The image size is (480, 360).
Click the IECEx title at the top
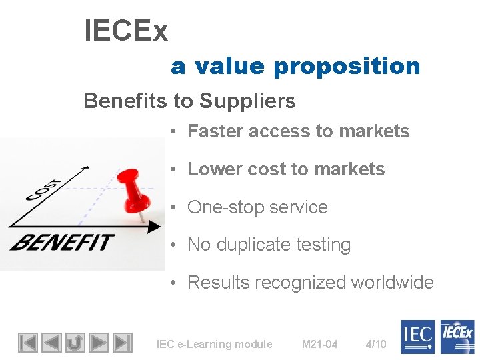tap(126, 31)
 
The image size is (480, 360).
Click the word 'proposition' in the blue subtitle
tap(347, 66)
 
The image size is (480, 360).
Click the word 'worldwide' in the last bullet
tap(393, 283)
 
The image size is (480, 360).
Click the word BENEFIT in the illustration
tap(61, 241)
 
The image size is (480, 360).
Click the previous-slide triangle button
tap(51, 343)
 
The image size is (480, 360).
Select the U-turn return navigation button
tap(75, 343)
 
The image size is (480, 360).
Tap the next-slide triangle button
tap(99, 343)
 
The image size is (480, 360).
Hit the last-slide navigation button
tap(122, 343)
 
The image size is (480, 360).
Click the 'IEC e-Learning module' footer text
tap(214, 344)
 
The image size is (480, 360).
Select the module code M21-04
tap(319, 344)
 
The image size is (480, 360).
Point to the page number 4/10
tap(376, 344)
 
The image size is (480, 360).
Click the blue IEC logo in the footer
tap(417, 337)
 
